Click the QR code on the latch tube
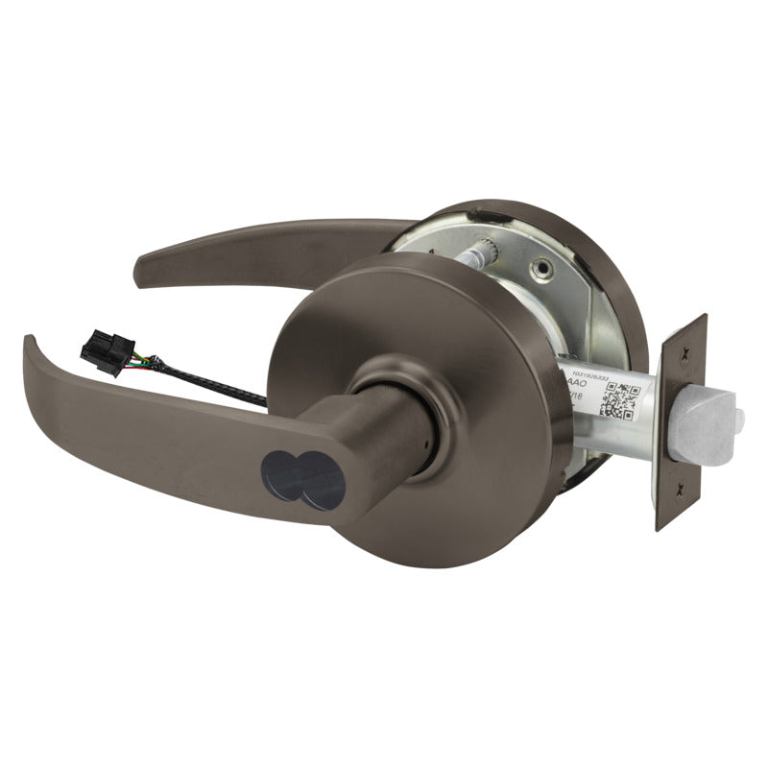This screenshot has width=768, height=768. pos(617,400)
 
